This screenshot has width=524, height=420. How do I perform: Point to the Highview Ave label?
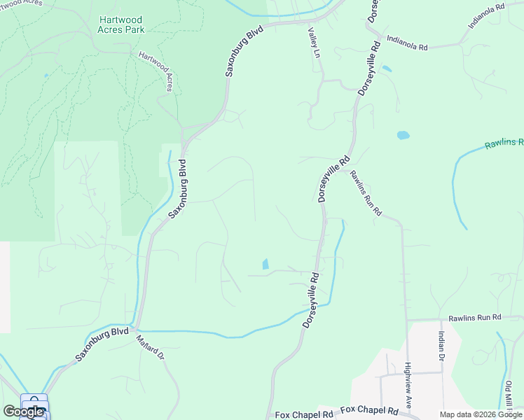point(413,386)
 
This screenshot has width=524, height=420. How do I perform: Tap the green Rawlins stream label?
point(503,143)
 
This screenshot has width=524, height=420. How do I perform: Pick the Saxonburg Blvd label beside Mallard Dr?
point(102,343)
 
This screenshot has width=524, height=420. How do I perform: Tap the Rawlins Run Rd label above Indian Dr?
point(476,317)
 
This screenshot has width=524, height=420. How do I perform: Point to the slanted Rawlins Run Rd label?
point(365,192)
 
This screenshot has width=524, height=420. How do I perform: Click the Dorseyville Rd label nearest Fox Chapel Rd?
point(310,300)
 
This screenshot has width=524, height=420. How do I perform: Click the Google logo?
point(23,412)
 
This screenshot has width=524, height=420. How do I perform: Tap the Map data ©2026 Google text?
point(480,414)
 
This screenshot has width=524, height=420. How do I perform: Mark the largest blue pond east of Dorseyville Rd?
point(403,135)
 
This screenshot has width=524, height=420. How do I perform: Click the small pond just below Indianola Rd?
point(387,69)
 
